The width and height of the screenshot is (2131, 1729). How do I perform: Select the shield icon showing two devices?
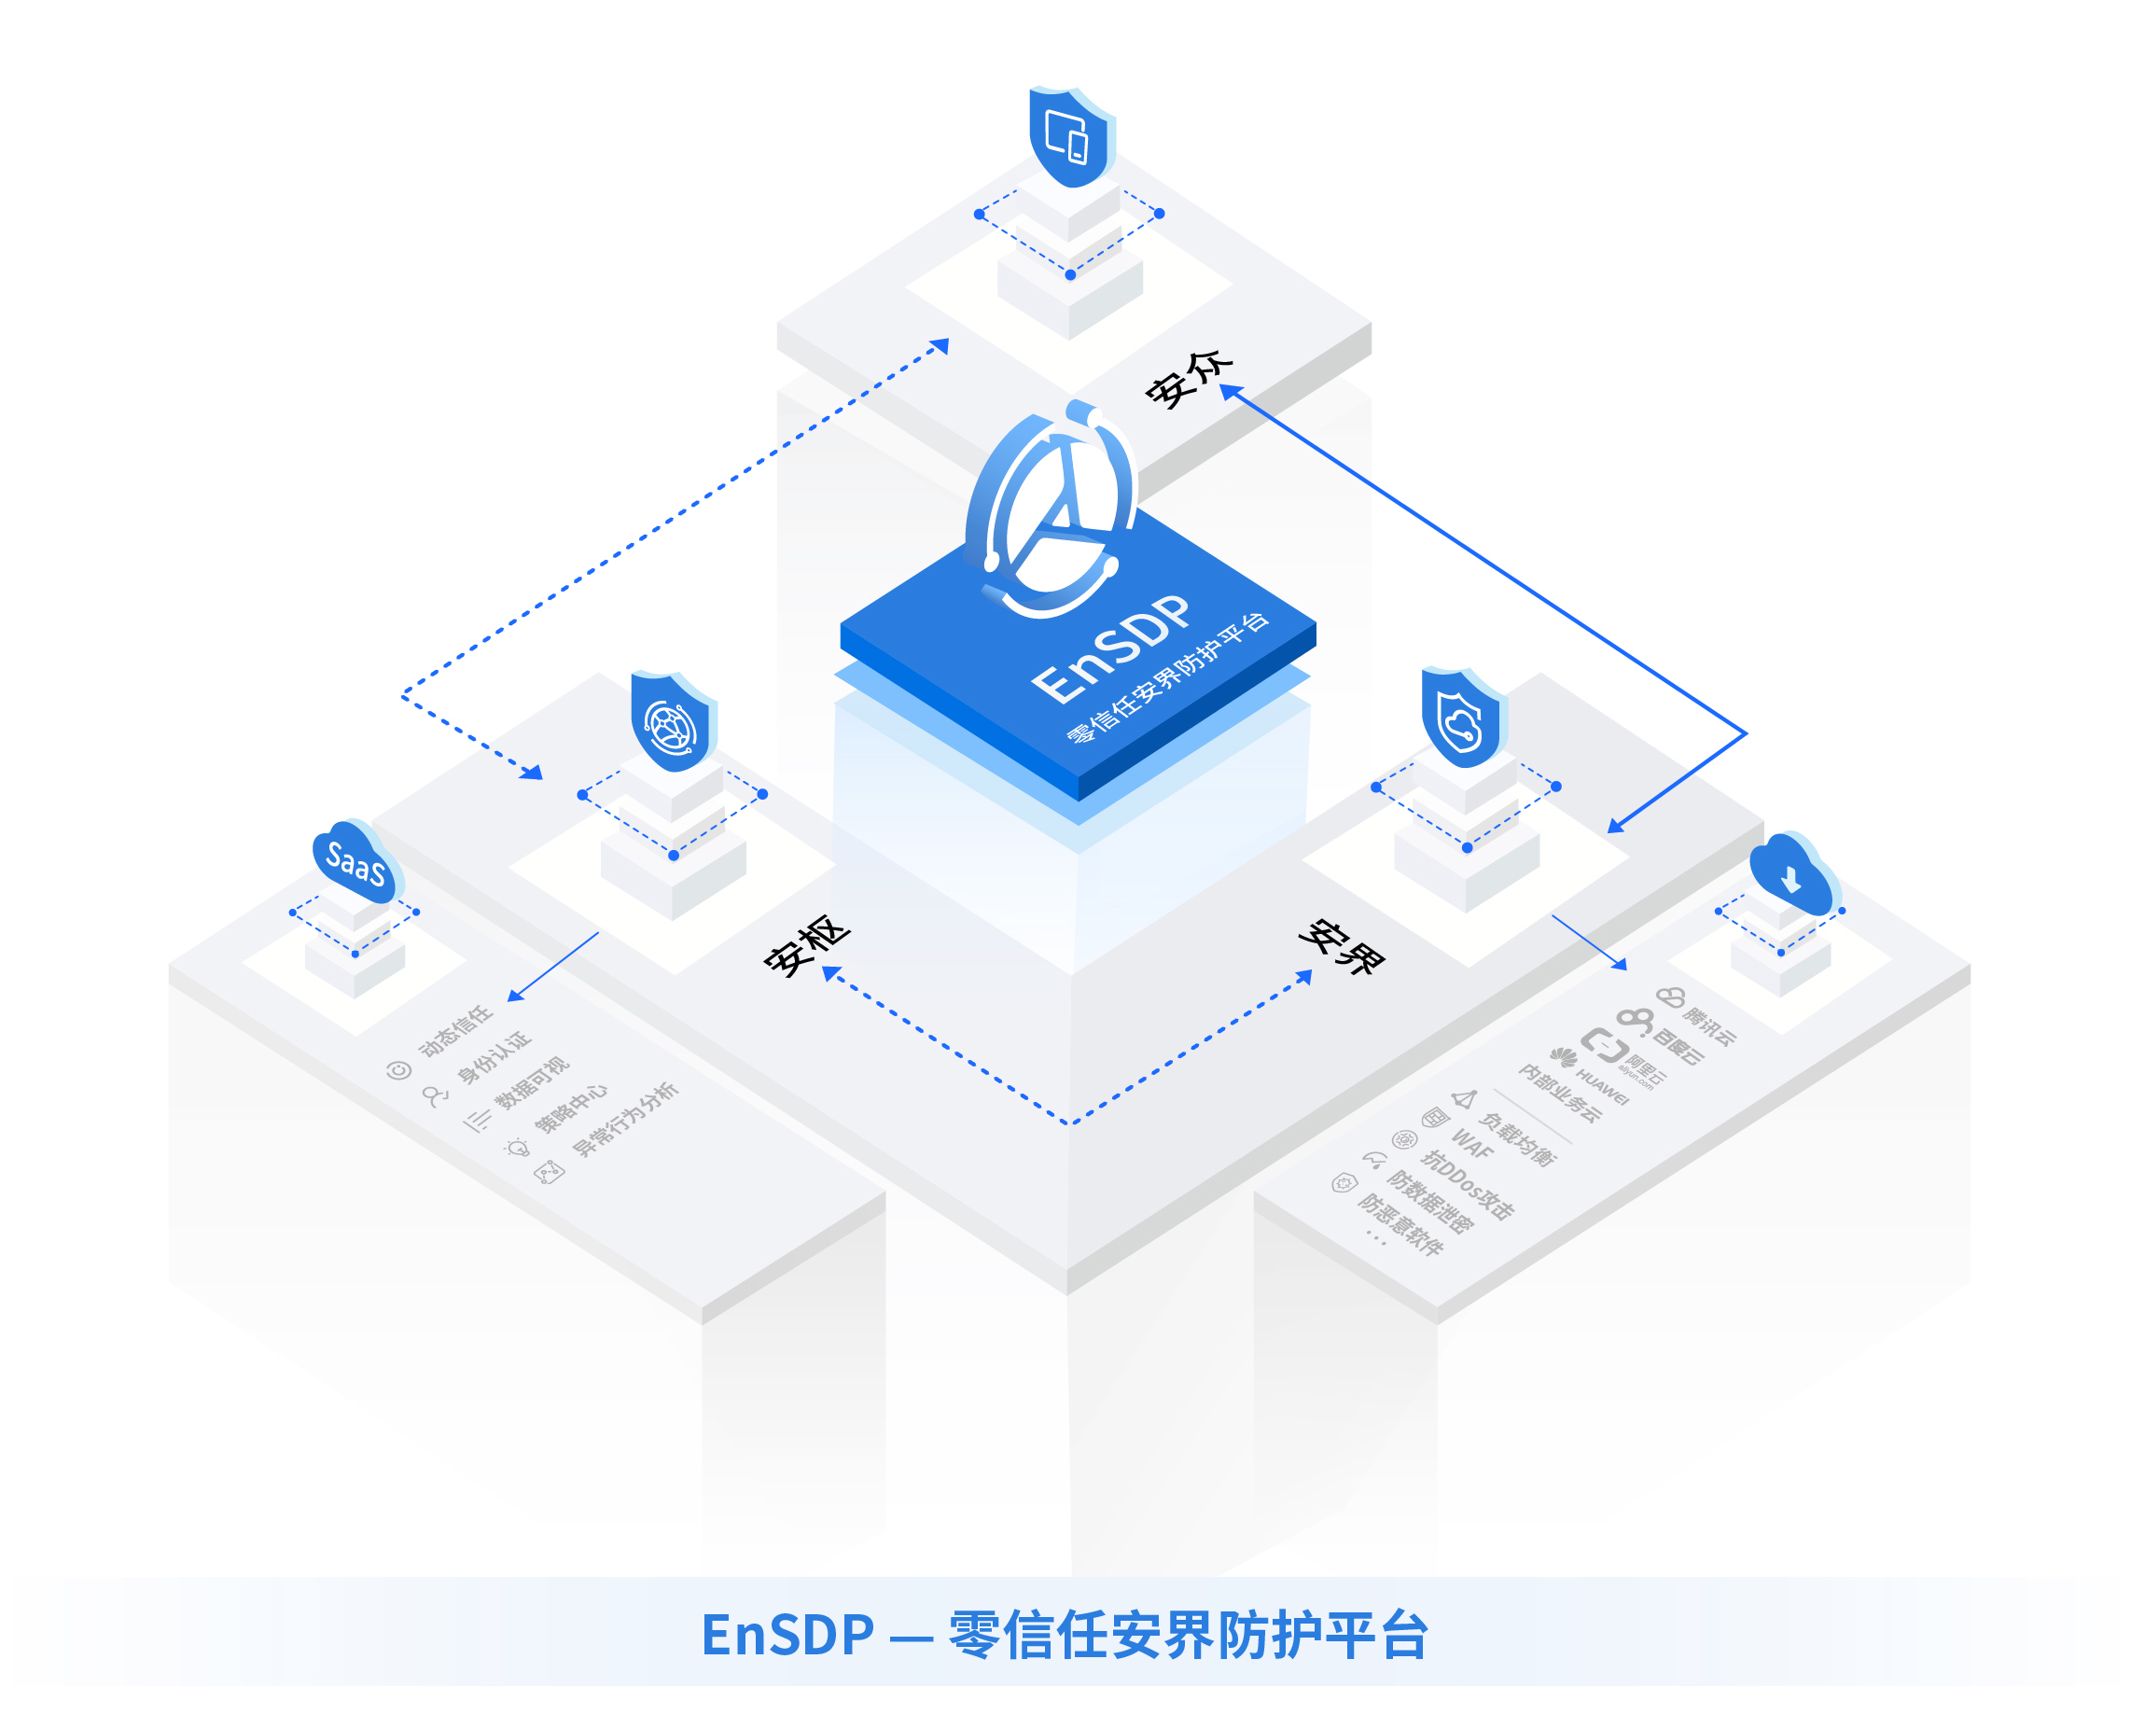[x=1069, y=137]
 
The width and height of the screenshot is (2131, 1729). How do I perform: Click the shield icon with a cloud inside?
[x=1462, y=719]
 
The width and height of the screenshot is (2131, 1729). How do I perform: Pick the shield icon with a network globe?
[x=672, y=724]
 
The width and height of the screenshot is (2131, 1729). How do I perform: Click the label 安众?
[x=1189, y=379]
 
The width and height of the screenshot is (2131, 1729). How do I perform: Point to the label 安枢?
[x=807, y=946]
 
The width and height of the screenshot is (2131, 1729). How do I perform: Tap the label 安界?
[x=1342, y=946]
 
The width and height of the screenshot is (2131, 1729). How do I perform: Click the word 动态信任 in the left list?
[x=455, y=1032]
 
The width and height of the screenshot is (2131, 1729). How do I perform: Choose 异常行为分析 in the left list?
[x=625, y=1120]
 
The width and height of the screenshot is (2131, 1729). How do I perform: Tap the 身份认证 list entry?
[x=494, y=1058]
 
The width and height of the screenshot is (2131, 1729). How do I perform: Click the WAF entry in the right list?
[x=1471, y=1144]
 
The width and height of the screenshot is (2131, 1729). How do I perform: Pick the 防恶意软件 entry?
[x=1400, y=1224]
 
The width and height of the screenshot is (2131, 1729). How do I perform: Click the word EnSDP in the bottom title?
[x=787, y=1636]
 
